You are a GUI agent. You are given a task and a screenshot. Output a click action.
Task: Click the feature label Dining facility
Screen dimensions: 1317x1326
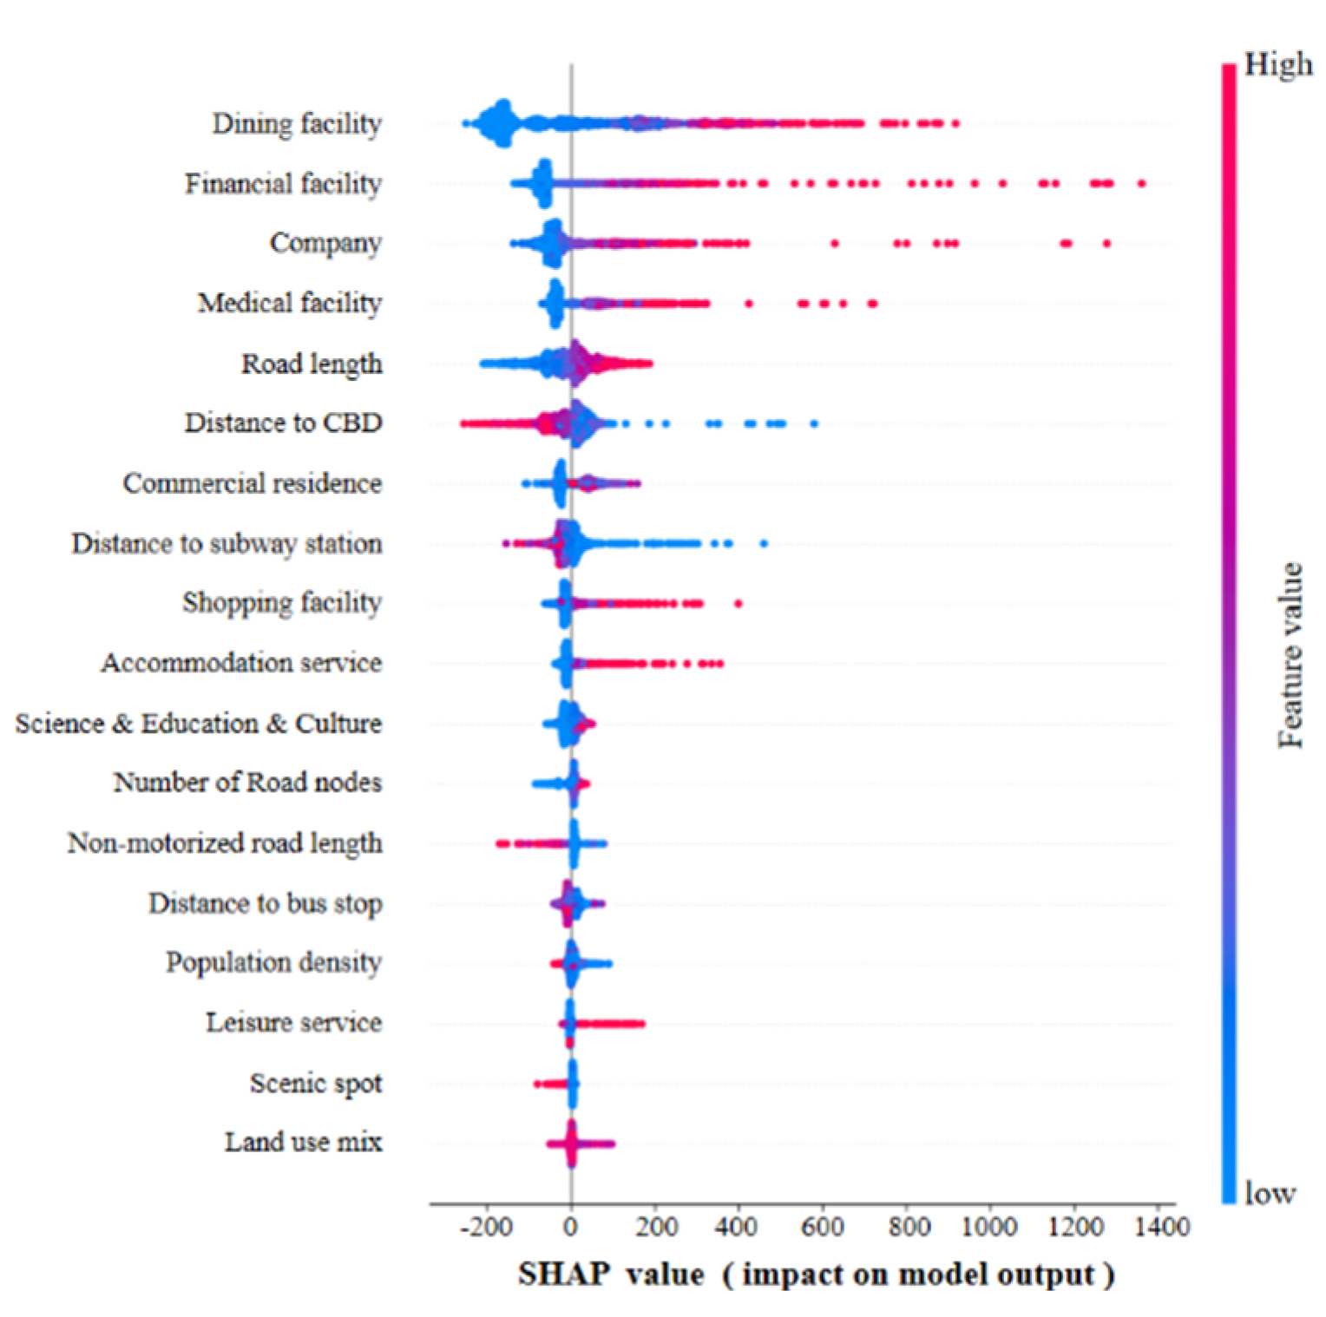coord(297,124)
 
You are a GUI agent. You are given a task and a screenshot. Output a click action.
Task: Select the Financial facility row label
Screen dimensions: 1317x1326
coord(283,184)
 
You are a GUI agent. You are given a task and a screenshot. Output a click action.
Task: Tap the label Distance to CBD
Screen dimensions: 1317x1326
coord(283,423)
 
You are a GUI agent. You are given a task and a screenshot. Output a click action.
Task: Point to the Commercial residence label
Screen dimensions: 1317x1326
coord(252,483)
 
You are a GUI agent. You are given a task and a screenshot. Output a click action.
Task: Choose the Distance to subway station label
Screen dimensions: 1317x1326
coord(226,544)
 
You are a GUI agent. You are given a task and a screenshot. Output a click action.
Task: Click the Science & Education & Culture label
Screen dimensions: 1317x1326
coord(198,724)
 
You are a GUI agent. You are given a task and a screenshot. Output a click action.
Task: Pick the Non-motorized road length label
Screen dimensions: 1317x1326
coord(225,843)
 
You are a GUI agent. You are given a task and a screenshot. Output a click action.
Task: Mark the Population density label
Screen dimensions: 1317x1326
coord(273,963)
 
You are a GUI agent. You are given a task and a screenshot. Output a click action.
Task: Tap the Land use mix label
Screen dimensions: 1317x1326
coord(303,1143)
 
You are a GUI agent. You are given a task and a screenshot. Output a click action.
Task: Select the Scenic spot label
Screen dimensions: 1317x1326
coord(316,1084)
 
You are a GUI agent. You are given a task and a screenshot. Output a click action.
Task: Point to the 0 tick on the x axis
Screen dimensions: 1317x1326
coord(570,1227)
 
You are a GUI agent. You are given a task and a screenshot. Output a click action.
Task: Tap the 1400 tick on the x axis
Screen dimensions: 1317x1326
coord(1162,1227)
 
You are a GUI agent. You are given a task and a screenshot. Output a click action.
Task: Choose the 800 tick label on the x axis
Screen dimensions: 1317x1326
coord(909,1227)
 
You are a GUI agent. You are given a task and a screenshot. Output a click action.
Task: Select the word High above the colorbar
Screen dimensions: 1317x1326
coord(1277,65)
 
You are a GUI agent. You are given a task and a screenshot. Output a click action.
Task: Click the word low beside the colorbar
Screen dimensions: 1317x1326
coord(1270,1194)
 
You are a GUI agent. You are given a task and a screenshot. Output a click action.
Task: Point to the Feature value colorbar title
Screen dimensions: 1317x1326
coord(1290,655)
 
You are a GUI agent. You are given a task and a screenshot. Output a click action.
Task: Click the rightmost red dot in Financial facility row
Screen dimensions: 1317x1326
coord(1141,184)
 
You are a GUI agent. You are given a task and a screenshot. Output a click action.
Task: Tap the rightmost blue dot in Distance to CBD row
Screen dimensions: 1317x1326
coord(814,423)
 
